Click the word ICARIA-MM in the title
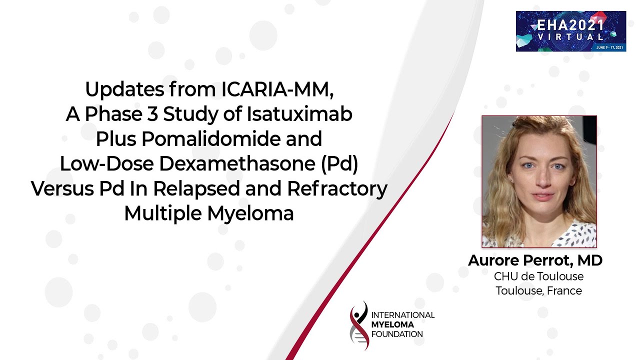tap(277, 89)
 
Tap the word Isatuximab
tap(299, 114)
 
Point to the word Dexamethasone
tap(237, 163)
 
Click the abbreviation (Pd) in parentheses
tap(339, 164)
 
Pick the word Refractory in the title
tap(337, 189)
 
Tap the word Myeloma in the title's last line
tap(250, 214)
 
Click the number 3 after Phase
tap(152, 114)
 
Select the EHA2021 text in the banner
tap(570, 25)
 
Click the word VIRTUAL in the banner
tap(570, 37)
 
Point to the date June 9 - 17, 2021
tap(609, 47)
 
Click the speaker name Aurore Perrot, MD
tap(535, 260)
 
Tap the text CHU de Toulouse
tap(538, 276)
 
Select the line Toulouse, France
tap(538, 291)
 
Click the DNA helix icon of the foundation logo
tap(359, 325)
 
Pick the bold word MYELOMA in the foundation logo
tap(392, 324)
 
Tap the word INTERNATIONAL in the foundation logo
tap(403, 315)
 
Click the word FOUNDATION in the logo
tap(397, 334)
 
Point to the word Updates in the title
tap(124, 90)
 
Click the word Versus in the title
tap(62, 189)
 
